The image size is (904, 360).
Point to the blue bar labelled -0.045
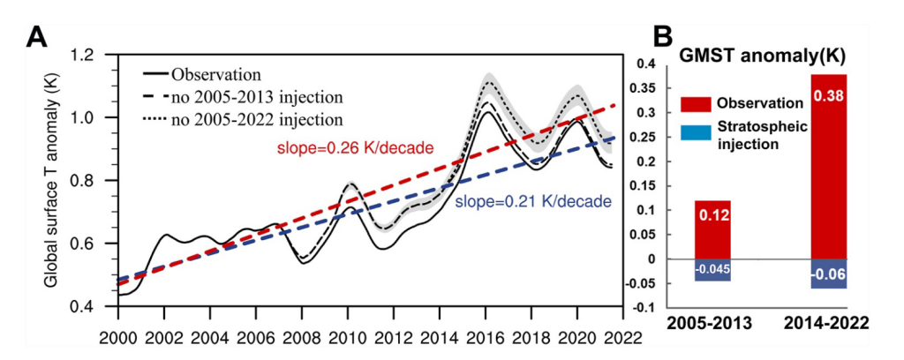(712, 270)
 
